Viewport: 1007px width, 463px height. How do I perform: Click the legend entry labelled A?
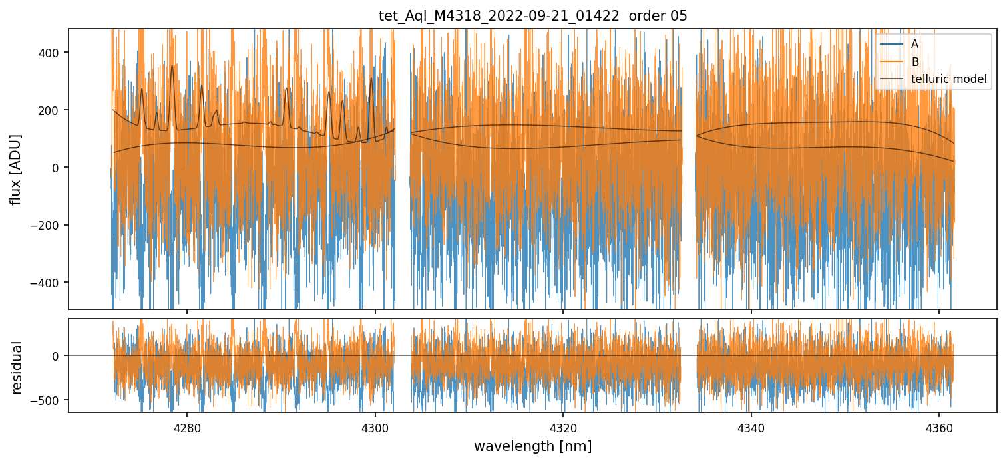914,45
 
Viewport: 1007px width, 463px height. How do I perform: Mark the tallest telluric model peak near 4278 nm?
172,66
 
